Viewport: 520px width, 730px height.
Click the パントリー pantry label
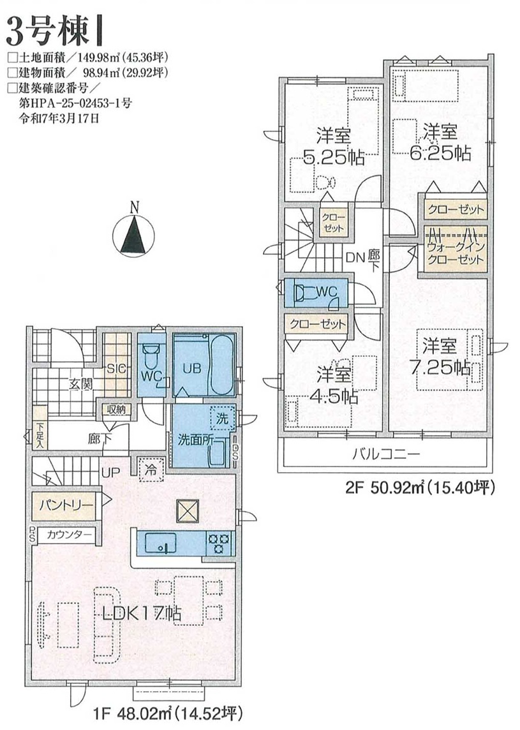(66, 506)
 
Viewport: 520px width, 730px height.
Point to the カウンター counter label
(70, 535)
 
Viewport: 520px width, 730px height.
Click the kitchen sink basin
(161, 543)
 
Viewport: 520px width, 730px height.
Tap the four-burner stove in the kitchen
(219, 544)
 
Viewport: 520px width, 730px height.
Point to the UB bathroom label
(191, 368)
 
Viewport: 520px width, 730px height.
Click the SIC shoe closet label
(116, 369)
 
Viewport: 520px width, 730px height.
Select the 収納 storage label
(117, 410)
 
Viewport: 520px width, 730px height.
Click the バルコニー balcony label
(387, 454)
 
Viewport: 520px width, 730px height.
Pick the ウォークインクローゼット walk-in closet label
(456, 253)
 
